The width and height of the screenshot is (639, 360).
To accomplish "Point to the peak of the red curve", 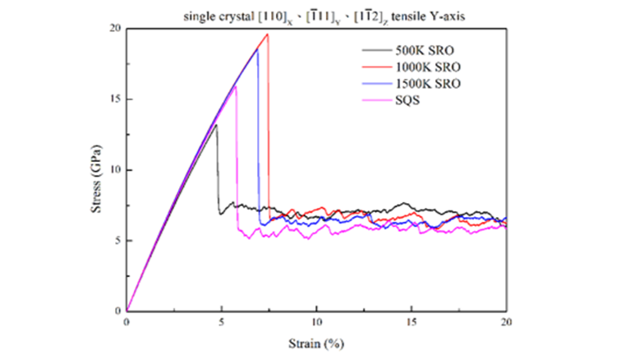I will [x=268, y=34].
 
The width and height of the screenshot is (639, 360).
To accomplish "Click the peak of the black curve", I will [x=216, y=125].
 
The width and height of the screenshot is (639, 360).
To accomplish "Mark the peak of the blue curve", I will [x=257, y=48].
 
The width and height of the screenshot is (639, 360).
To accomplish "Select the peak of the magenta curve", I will [x=235, y=85].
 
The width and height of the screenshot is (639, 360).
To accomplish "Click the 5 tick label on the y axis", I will [x=117, y=241].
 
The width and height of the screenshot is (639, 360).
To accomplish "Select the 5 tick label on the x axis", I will [x=222, y=321].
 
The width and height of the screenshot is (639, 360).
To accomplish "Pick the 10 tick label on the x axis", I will [x=316, y=321].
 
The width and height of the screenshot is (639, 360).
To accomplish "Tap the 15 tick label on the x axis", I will [x=411, y=321].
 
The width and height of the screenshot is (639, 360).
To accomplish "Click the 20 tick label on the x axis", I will [x=506, y=321].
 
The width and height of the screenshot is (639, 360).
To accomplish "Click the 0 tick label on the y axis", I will [x=117, y=311].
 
